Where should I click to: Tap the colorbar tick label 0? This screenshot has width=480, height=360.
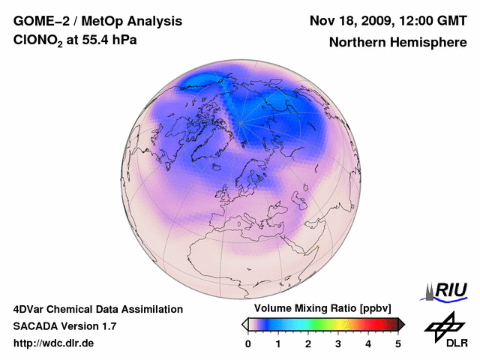(248, 343)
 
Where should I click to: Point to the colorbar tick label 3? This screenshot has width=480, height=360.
(338, 343)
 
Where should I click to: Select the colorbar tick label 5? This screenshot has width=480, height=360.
(398, 343)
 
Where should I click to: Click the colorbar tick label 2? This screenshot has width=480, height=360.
(308, 343)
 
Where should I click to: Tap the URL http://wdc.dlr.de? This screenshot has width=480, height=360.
(54, 343)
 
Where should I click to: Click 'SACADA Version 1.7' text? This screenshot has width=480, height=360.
(64, 326)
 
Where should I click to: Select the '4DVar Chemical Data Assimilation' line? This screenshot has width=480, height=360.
(98, 309)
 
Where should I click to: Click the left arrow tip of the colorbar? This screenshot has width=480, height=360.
(244, 324)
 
